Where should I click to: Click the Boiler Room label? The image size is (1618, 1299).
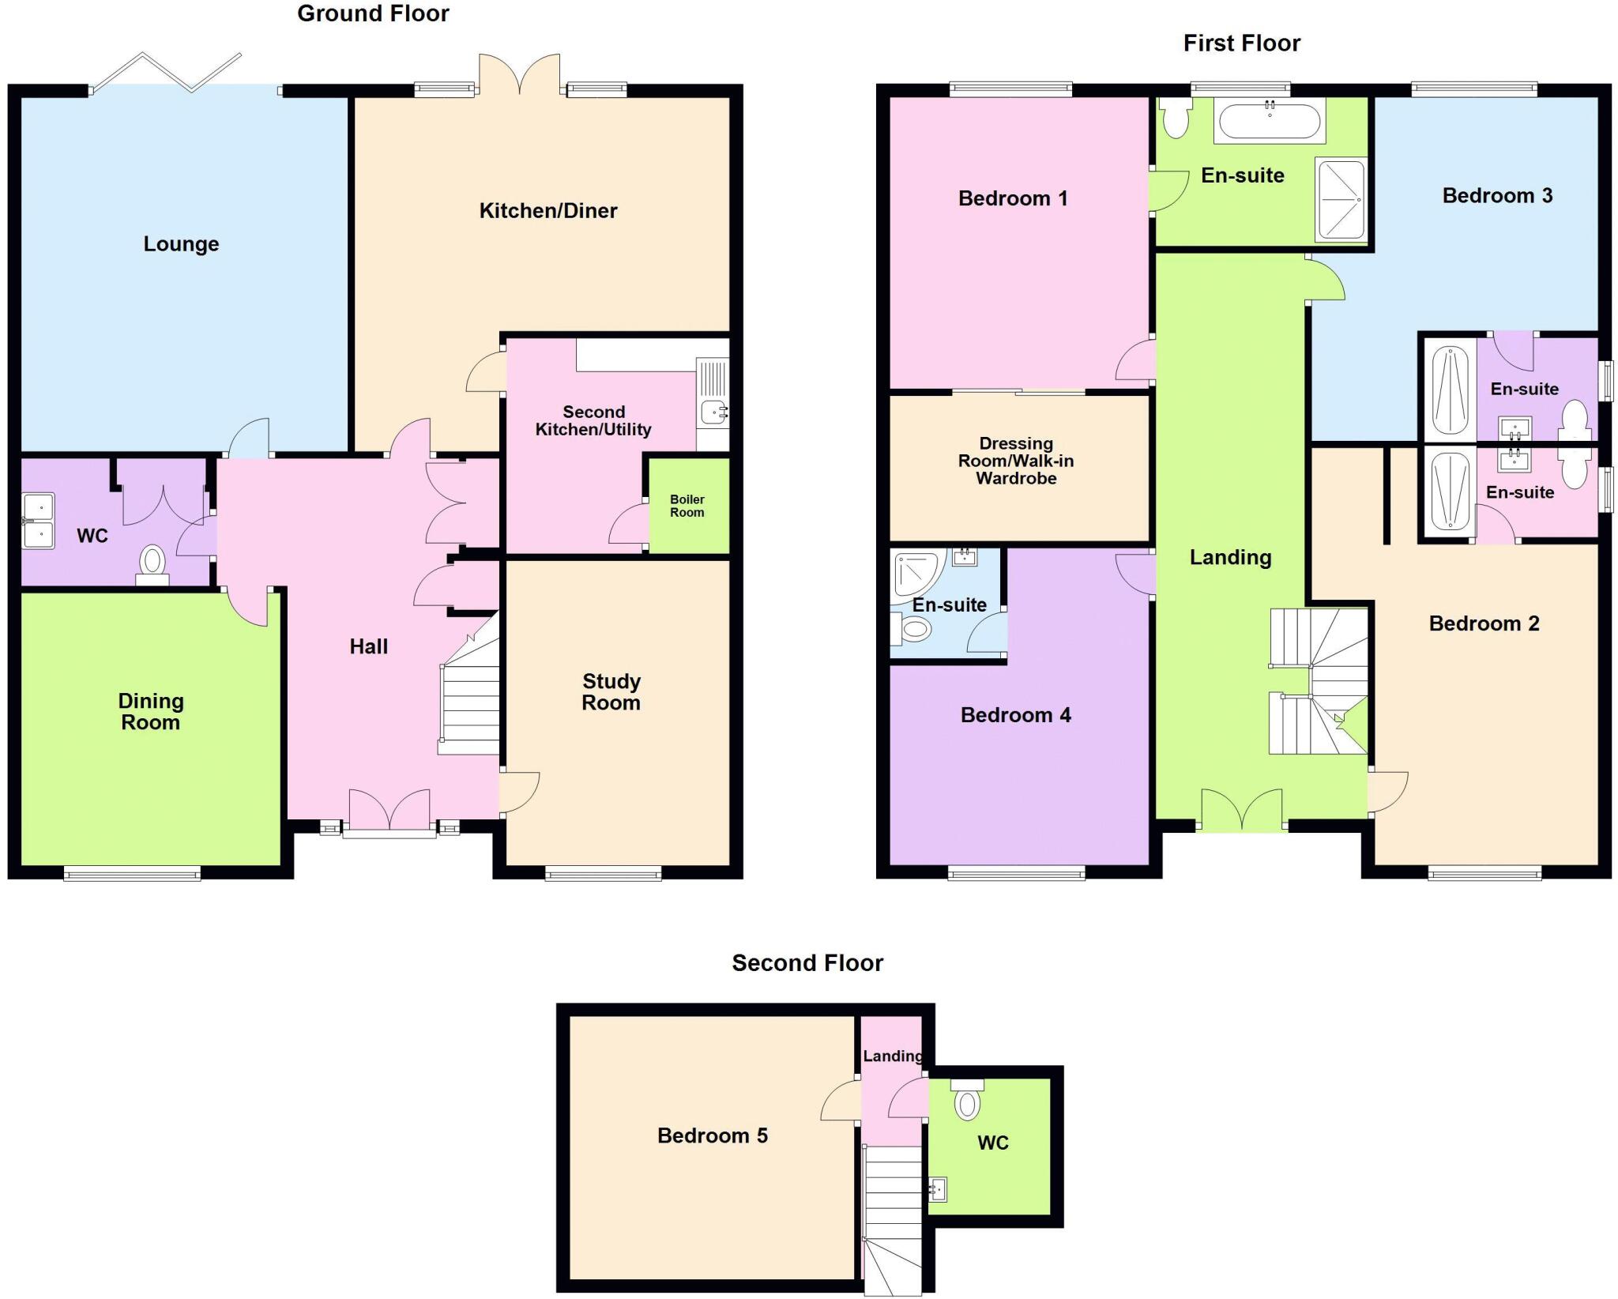687,506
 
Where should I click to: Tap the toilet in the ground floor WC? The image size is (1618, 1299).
152,564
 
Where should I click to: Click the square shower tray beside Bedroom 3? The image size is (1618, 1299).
1341,199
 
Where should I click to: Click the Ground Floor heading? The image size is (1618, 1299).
373,13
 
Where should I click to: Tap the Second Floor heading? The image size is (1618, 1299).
807,962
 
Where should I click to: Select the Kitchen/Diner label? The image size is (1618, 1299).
548,210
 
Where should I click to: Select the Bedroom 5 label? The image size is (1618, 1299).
712,1135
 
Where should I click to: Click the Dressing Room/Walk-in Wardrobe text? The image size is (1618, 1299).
1016,461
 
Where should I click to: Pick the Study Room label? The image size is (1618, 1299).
611,691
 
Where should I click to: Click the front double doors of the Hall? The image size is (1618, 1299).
389,811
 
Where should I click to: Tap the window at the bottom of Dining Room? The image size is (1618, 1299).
132,872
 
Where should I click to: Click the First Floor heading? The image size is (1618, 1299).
1241,43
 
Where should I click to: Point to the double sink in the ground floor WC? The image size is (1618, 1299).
38,521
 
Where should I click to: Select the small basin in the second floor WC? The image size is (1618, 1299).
938,1188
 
